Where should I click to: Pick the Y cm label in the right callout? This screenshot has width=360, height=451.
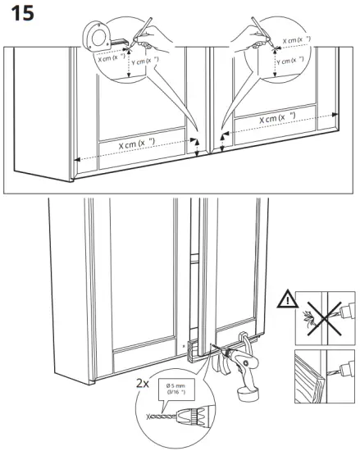click(288, 61)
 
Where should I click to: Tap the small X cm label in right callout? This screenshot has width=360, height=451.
click(296, 39)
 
